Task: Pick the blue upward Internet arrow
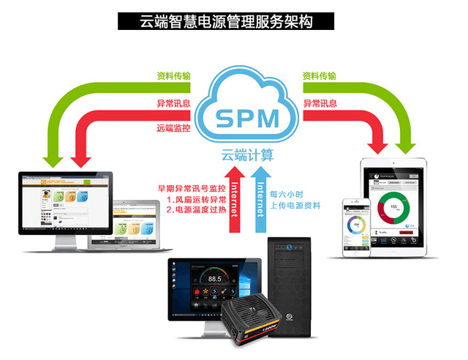point(257,200)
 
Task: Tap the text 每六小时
point(284,194)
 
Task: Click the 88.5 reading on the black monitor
point(214,279)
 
